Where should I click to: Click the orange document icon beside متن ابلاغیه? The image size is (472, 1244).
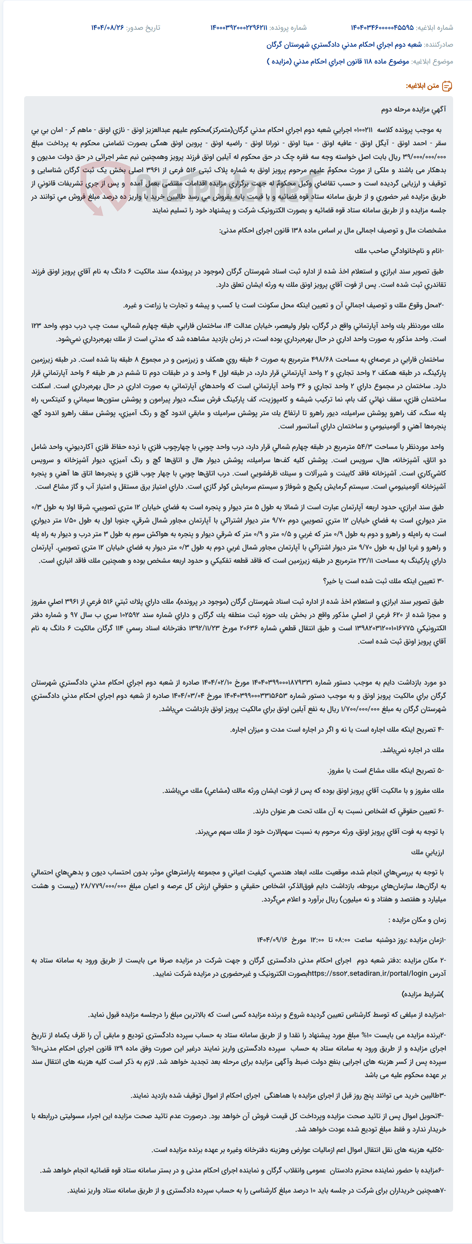[447, 86]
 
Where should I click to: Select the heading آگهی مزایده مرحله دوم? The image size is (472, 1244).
[414, 110]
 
